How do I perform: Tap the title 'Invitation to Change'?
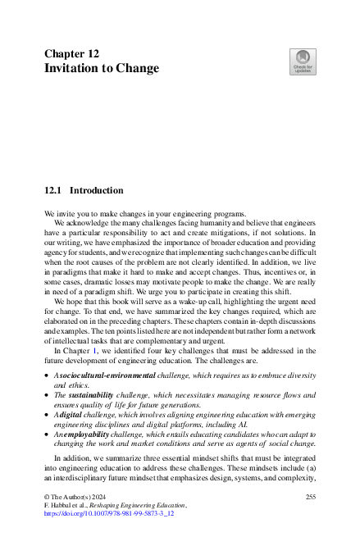pyautogui.click(x=102, y=68)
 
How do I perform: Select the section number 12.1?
pyautogui.click(x=53, y=190)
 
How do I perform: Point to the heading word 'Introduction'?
pyautogui.click(x=96, y=190)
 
